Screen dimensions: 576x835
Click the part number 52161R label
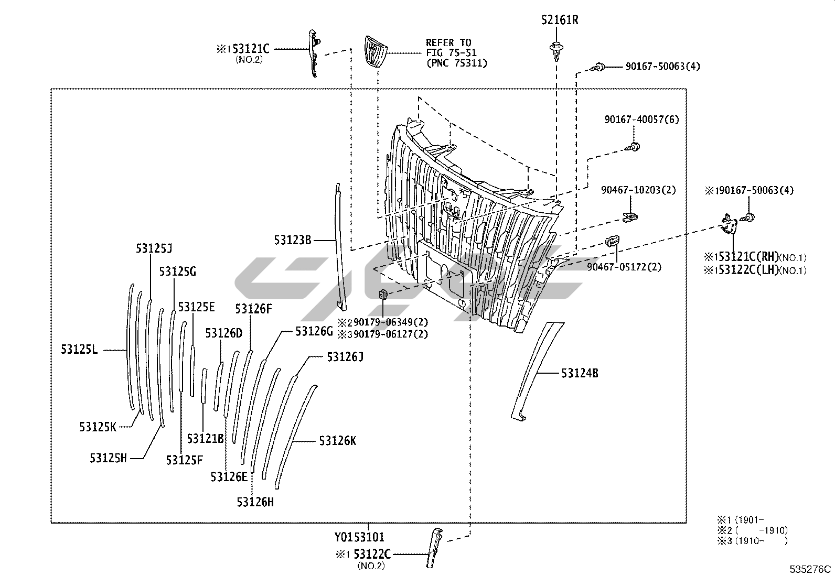(560, 20)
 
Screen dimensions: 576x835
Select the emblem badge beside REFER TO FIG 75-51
(376, 52)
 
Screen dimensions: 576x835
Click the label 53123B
(293, 240)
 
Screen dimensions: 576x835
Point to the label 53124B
(580, 373)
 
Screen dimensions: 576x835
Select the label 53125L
(79, 350)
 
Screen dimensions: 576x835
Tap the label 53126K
(337, 441)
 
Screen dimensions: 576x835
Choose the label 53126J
(345, 357)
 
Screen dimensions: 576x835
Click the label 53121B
(206, 438)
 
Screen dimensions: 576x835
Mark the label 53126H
(255, 502)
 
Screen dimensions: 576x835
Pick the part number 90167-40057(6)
(641, 119)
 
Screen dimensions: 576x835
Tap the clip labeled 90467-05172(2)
(612, 242)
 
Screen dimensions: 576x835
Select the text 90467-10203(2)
(638, 190)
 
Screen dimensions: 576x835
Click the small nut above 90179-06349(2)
(383, 295)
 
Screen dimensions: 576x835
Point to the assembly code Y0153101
(359, 537)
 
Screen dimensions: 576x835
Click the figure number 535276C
(811, 569)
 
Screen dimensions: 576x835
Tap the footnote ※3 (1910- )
(753, 541)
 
